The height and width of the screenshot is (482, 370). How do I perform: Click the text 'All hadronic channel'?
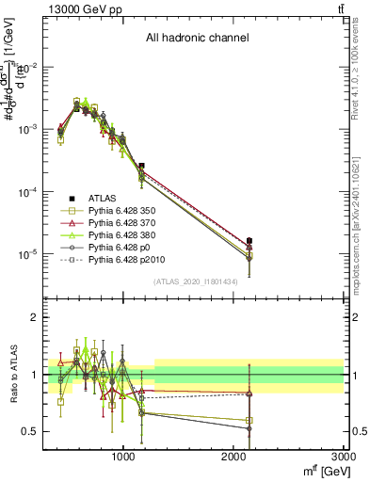click(197, 39)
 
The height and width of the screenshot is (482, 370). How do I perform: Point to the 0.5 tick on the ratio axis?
click(29, 431)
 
